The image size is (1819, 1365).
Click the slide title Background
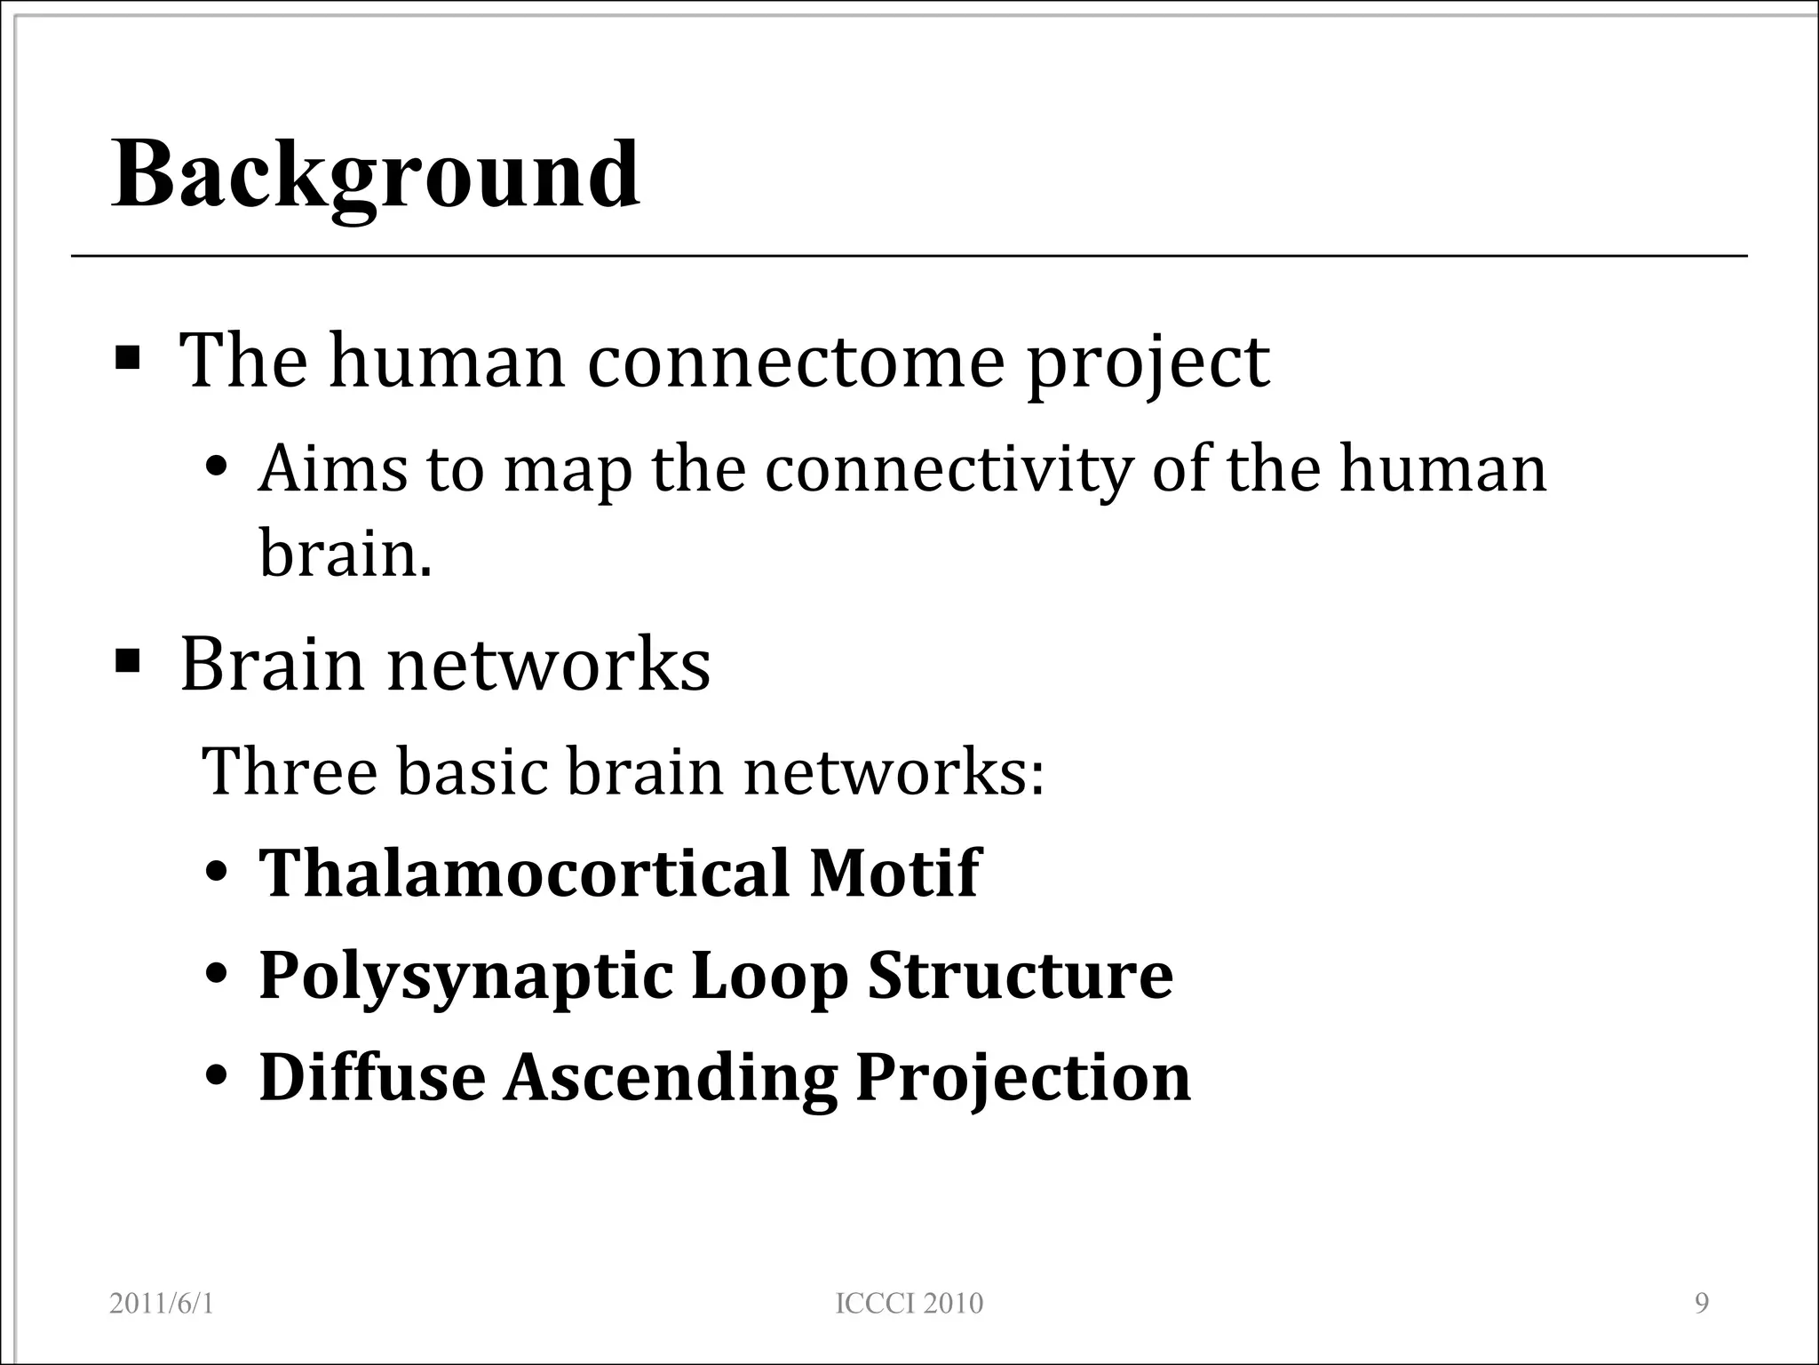(x=375, y=175)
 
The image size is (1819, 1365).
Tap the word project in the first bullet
(x=1148, y=363)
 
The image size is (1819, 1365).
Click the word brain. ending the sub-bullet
(x=345, y=552)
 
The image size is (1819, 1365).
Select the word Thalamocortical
(x=524, y=873)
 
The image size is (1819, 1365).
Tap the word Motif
(x=894, y=873)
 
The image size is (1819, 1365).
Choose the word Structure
(x=1020, y=975)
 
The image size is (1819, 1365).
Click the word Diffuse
(x=372, y=1077)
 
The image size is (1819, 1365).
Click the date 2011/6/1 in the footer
(x=162, y=1304)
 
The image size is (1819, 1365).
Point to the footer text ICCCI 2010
(x=909, y=1304)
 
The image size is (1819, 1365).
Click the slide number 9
(x=1702, y=1304)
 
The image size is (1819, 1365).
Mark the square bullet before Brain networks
(x=128, y=662)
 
